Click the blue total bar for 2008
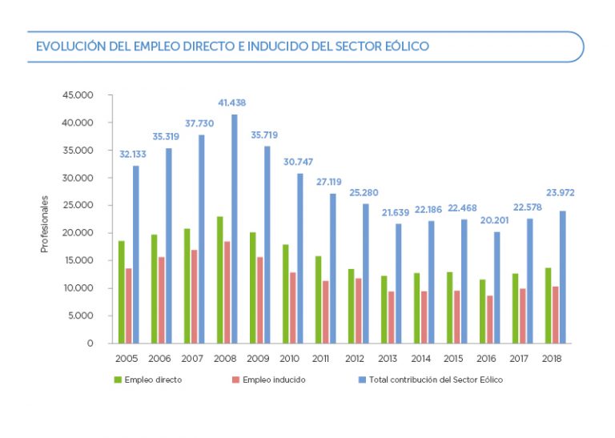pos(234,228)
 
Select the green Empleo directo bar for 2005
pos(122,291)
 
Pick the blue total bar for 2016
pos(496,287)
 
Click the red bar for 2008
pos(227,291)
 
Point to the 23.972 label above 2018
pos(561,193)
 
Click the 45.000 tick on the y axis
pos(78,95)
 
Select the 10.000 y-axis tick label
pos(78,288)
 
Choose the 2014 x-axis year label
pos(423,358)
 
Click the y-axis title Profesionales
pos(45,225)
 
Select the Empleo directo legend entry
pos(153,380)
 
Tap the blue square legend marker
pos(362,380)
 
